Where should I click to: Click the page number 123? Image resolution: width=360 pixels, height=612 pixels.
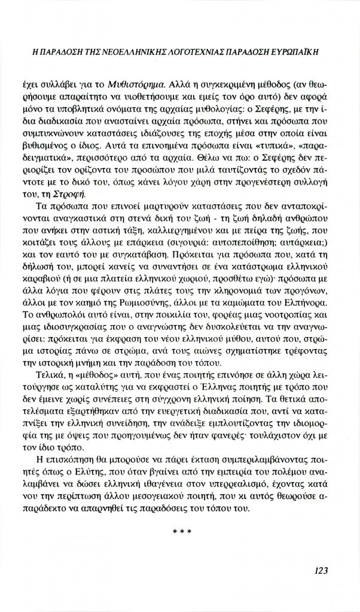click(321, 570)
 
